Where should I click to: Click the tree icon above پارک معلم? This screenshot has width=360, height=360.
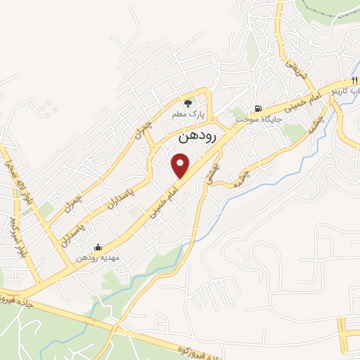coord(187,101)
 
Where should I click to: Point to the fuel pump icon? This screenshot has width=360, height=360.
coord(259,108)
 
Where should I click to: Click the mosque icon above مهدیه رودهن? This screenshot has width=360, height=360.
coord(98,247)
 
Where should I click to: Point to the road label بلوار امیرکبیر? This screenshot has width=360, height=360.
coord(15,236)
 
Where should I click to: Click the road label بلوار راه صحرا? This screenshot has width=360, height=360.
coord(8,181)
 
